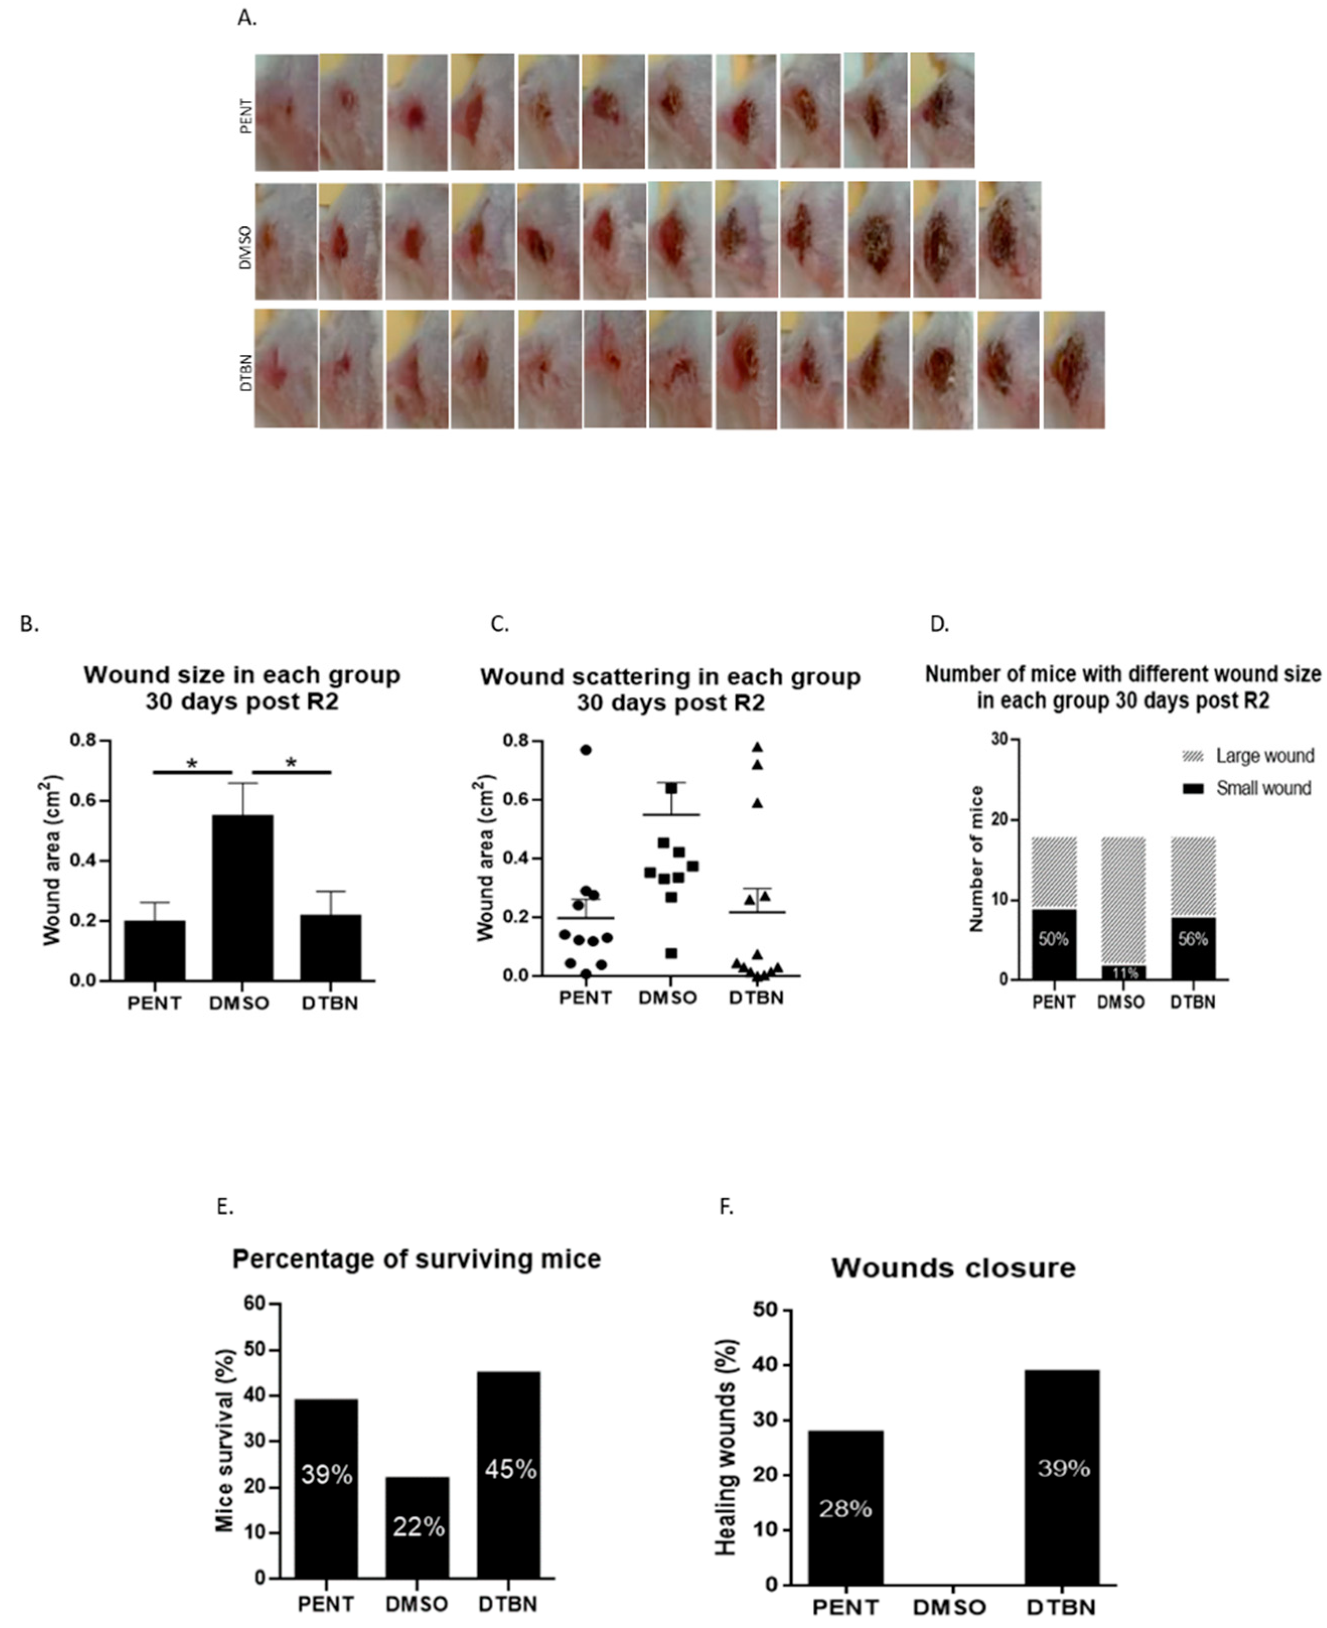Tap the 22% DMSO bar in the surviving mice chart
coord(417,1525)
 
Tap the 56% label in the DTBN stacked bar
coord(1193,939)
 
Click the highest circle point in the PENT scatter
coord(586,750)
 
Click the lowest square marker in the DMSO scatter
coord(671,953)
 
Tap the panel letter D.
coord(939,624)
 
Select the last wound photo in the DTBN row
coord(1073,369)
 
